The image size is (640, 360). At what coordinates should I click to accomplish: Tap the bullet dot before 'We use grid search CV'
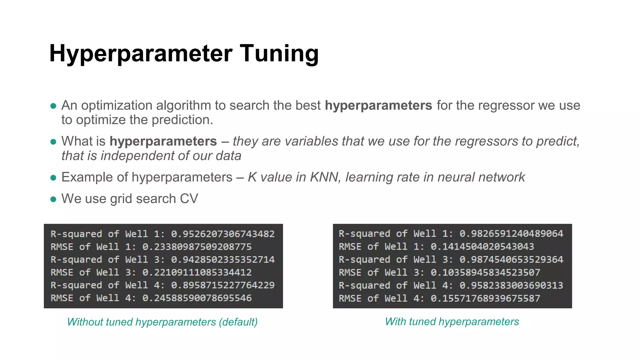[53, 199]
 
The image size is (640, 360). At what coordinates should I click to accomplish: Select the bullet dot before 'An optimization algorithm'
[53, 106]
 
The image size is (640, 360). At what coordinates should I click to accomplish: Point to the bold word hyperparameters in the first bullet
[378, 106]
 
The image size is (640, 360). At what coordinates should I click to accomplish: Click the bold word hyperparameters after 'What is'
[163, 142]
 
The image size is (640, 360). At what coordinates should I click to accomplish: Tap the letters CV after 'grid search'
[189, 199]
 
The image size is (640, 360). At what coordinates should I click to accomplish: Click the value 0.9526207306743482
[223, 234]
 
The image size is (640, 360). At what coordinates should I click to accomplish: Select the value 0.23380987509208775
[197, 247]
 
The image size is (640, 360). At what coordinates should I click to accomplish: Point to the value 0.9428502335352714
[223, 260]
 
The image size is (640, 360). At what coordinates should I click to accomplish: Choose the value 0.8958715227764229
[223, 285]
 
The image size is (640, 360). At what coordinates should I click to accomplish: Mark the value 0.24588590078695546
[197, 298]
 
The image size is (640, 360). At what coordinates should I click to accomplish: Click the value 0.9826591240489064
[511, 234]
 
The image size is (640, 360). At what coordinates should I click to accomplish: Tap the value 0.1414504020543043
[482, 247]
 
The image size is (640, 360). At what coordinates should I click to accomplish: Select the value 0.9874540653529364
[511, 260]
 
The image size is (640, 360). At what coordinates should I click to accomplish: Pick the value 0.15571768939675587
[485, 298]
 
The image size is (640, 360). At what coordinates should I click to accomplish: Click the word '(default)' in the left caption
[238, 322]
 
